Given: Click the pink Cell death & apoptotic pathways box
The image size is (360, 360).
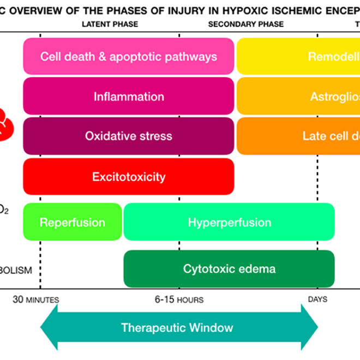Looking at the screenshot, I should pos(128,57).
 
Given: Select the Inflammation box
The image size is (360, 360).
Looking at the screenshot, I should pos(128,97).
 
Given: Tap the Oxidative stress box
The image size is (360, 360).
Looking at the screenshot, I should pos(128,136).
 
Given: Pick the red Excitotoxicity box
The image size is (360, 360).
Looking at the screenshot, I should pos(128,177).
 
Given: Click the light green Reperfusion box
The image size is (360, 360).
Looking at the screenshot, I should pos(72,222).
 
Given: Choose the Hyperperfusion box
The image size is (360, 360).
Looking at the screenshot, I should pos(229,222).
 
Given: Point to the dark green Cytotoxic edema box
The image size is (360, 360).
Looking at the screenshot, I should pos(229,268).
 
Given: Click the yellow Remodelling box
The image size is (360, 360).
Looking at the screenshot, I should pos(298,57).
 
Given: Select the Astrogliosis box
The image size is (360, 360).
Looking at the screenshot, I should pos(298,97).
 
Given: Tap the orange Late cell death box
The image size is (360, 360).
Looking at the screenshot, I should pos(298,136).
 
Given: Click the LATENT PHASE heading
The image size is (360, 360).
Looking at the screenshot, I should pos(110,24).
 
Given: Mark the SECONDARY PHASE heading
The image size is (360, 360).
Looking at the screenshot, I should pos(246,24).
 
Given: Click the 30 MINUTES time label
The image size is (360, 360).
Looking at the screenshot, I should pos(36,299).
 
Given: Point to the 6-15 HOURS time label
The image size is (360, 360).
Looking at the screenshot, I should pos(179,299).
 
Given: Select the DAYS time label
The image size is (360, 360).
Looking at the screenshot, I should pos(317,299).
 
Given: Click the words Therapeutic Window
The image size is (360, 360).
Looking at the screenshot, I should pos(177,328).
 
